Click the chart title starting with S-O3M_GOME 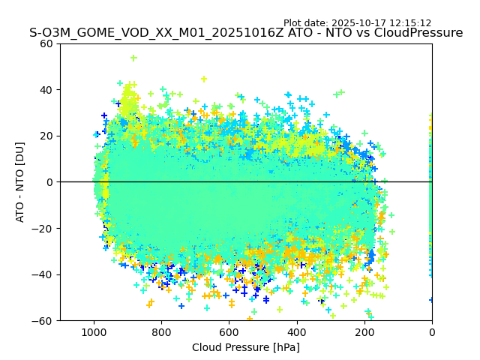click(246, 33)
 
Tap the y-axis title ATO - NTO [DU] click(20, 181)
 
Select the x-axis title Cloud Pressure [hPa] click(246, 347)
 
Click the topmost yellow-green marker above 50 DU click(133, 58)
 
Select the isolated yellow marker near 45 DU click(203, 79)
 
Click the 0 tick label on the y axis click(52, 182)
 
